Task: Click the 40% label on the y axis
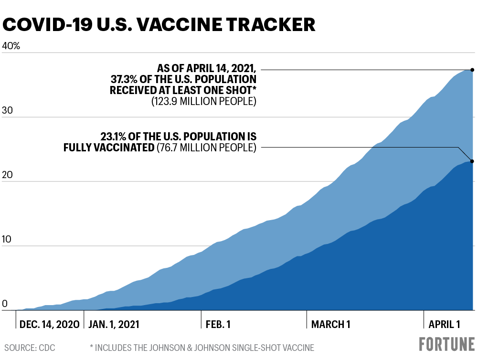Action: (11, 46)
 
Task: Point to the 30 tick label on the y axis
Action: (9, 111)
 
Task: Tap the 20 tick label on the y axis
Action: (9, 176)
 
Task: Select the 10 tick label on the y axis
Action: (9, 240)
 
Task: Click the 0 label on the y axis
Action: (6, 304)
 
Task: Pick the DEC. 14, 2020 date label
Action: (49, 325)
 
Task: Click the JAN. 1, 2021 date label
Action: (114, 325)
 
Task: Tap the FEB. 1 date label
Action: (218, 325)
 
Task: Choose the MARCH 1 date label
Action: (331, 325)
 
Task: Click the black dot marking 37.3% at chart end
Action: (472, 70)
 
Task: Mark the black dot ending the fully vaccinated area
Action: (472, 161)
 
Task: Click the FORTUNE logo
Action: (447, 345)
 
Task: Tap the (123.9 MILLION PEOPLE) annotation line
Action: (204, 101)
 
